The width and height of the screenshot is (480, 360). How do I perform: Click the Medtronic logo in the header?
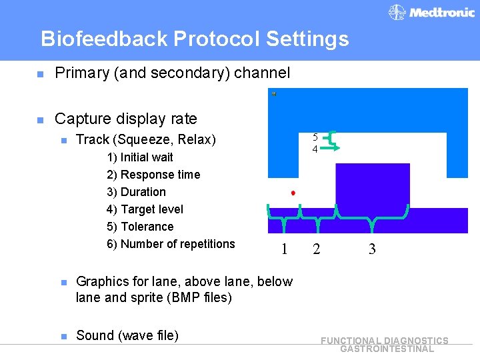pos(431,12)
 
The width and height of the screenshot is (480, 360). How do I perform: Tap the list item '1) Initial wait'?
pos(140,157)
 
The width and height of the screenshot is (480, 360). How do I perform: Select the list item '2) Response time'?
pos(153,175)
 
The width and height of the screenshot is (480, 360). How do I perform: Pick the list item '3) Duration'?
pos(136,192)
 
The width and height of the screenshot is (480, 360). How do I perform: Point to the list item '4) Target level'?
pos(145,209)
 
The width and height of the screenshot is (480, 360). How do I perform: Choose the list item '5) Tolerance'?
pos(140,227)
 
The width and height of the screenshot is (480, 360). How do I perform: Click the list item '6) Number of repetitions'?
pos(171,244)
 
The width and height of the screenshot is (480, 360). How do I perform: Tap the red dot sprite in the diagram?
pos(293,193)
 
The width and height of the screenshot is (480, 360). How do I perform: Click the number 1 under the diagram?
pos(285,250)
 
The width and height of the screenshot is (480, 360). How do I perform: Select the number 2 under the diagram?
pos(316,250)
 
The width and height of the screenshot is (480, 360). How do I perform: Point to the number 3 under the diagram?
pos(372,250)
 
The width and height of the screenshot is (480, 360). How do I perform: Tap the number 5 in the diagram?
pos(315,138)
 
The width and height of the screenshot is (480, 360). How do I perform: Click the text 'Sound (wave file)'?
pos(127,335)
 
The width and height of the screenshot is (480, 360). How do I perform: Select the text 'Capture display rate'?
pos(126,119)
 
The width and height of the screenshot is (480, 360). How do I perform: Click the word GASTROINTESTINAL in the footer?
pos(387,349)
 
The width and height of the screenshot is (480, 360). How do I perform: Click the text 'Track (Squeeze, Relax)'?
pos(146,139)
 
